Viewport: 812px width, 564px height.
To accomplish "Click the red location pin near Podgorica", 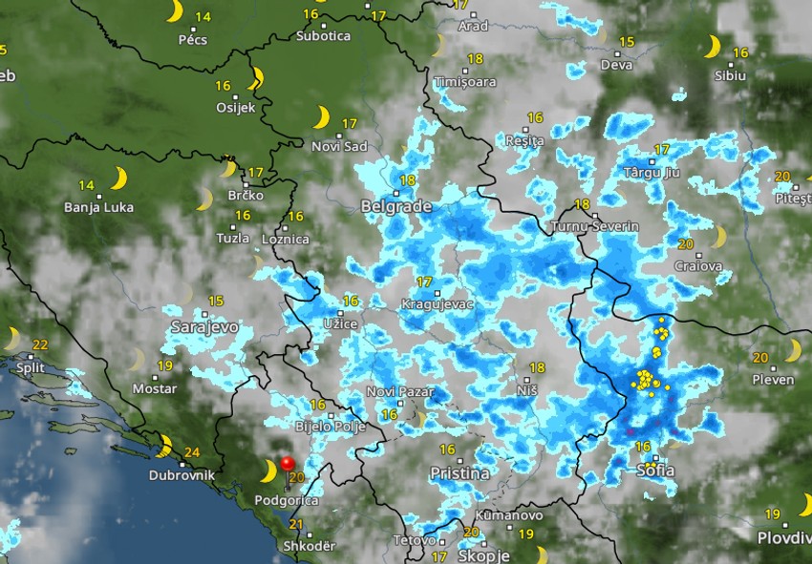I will [x=286, y=464].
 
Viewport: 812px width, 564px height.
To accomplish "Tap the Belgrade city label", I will [x=396, y=206].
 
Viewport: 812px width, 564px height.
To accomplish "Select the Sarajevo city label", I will [x=203, y=326].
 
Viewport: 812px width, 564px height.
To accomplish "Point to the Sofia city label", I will [x=655, y=470].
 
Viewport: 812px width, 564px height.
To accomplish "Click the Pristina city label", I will [x=459, y=473].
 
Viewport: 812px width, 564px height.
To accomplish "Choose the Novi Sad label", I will [x=339, y=146].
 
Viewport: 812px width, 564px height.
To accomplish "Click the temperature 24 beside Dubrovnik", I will [x=191, y=452].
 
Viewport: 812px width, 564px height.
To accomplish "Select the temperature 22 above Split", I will [x=40, y=345].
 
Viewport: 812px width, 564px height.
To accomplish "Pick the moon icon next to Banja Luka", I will [x=118, y=178].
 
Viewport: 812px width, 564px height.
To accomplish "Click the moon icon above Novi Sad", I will [x=322, y=117].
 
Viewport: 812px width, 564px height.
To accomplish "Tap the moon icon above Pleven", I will [x=792, y=351].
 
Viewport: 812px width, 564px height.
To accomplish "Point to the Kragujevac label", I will [x=438, y=303].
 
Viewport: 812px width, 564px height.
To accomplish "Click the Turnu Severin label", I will [x=586, y=227].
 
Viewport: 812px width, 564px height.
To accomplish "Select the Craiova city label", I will [x=698, y=266].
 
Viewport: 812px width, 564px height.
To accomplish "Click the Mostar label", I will [x=154, y=388].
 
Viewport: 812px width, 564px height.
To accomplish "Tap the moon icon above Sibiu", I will [x=713, y=46].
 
